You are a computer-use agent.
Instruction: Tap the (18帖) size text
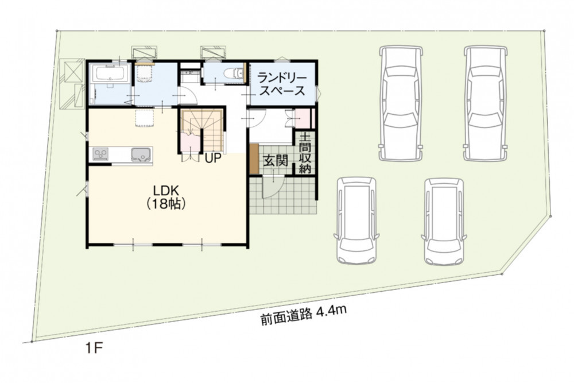coord(165,204)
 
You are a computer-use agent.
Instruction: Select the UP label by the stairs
coord(213,158)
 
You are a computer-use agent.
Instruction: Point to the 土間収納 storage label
coord(305,153)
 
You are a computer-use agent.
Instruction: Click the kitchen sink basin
coord(141,154)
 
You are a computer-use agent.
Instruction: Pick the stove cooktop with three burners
coord(100,154)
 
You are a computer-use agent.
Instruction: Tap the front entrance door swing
coord(273,187)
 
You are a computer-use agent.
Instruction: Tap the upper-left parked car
coord(401,103)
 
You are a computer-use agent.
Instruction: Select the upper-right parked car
coord(486,103)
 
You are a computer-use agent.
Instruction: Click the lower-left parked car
coord(356,221)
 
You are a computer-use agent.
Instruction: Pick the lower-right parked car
coord(444,222)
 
